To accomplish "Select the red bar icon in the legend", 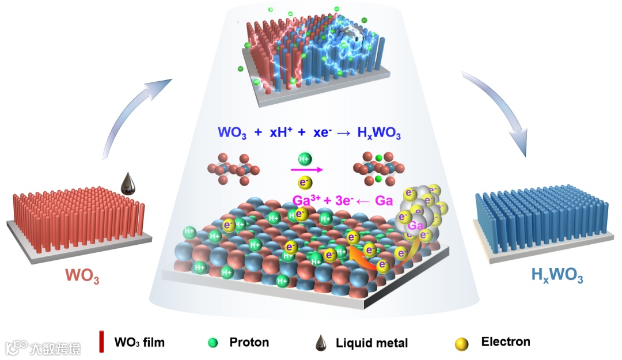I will point(101,342).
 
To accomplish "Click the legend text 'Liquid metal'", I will point(371,343).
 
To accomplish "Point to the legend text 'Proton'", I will point(249,342).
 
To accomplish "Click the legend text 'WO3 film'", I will point(139,343).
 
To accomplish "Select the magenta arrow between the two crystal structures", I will point(305,170).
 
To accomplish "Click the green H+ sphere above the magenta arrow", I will point(305,159).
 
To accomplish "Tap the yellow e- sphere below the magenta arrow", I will point(305,183).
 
